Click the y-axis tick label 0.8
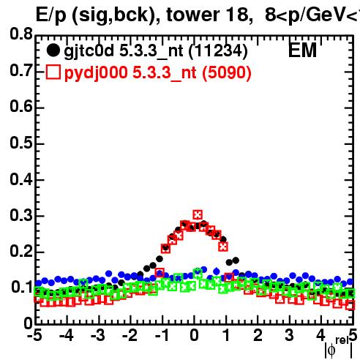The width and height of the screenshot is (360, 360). coord(21,34)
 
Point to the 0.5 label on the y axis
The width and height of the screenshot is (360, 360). coord(21,143)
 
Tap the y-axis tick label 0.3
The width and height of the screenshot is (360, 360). coord(21,215)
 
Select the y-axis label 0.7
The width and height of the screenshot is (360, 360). coord(21,70)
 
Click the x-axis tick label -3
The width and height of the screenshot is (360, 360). coord(98,335)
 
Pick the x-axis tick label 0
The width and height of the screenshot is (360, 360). coord(194,335)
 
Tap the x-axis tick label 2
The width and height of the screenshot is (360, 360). coord(258,335)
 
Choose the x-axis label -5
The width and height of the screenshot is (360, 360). coord(34,335)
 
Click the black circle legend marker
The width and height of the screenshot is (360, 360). coord(53,50)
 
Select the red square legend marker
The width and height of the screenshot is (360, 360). coord(53,72)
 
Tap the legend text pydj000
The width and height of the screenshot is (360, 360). coord(96,73)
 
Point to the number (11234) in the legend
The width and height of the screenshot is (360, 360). coord(218,51)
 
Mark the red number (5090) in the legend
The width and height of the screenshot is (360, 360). coord(227,73)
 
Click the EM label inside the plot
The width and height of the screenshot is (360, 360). coord(302,50)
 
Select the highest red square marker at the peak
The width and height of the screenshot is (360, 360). coord(198,215)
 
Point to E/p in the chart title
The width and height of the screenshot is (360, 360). coord(51,15)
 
